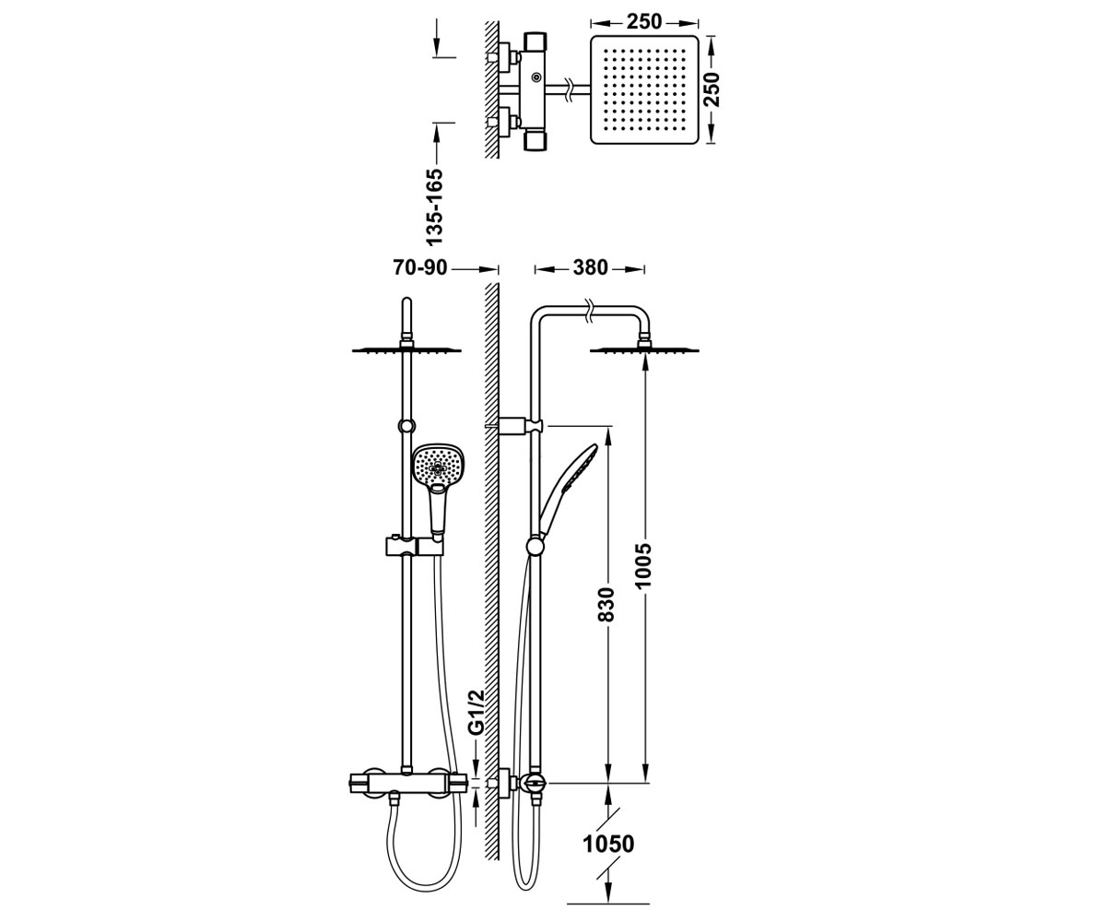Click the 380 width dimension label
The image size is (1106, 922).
[590, 268]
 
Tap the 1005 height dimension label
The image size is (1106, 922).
[643, 565]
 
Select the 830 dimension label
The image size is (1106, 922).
[606, 605]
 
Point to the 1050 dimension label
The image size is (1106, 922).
[608, 845]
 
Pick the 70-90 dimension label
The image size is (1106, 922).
[420, 268]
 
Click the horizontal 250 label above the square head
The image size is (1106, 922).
[644, 22]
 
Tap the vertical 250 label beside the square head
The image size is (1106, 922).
[712, 89]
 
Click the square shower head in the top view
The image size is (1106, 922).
[644, 89]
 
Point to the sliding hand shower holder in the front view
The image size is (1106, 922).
[413, 547]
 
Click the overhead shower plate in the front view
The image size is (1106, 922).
[406, 349]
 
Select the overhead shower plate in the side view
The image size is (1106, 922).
[644, 349]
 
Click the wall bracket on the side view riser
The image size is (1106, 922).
[520, 425]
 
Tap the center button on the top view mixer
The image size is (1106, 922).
[537, 77]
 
